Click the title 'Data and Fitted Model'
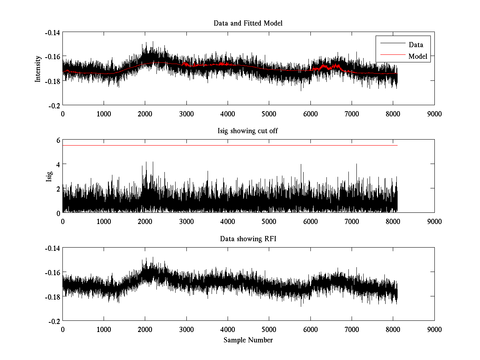[x=248, y=23]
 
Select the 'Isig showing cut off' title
[x=248, y=131]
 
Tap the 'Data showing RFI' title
[x=248, y=239]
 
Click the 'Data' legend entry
[x=416, y=45]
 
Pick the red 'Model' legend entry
[x=418, y=56]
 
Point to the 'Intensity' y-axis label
[x=38, y=69]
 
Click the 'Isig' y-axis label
[x=49, y=176]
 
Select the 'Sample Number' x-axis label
[x=248, y=340]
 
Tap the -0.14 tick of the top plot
[x=52, y=32]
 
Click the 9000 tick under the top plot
[x=434, y=114]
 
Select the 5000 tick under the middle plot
[x=269, y=221]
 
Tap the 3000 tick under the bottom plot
[x=186, y=329]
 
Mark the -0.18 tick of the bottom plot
[x=52, y=297]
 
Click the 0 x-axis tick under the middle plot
[x=63, y=221]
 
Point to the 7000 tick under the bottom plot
[x=352, y=329]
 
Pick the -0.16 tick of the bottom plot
[x=52, y=272]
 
